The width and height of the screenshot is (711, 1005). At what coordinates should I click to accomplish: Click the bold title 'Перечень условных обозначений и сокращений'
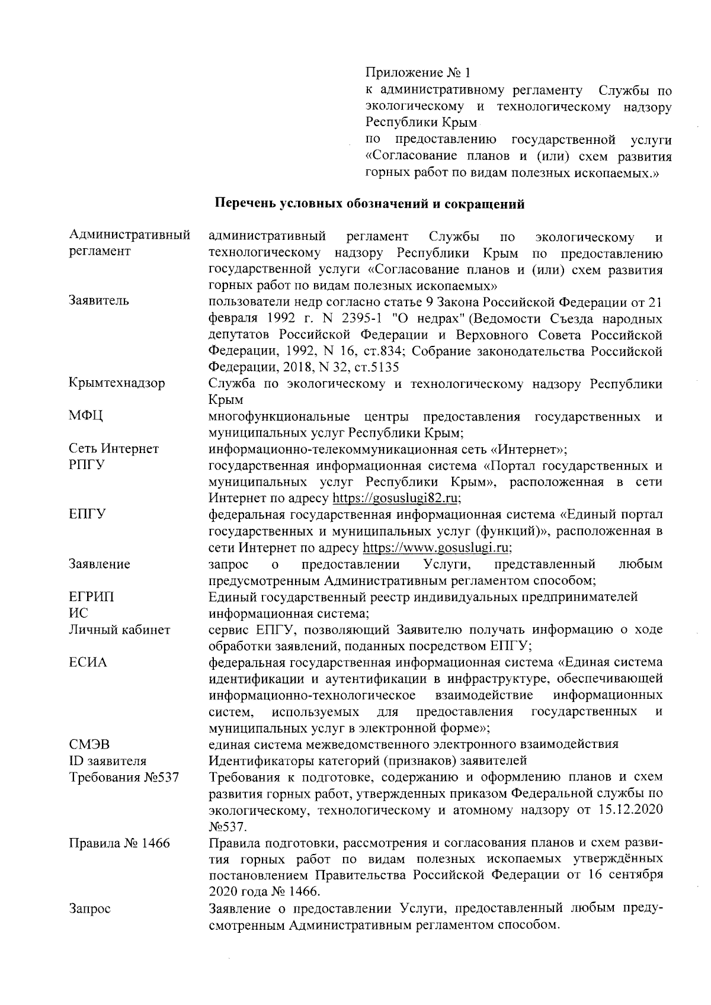coord(369,205)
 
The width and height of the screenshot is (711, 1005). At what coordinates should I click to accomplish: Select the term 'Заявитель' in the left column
coord(98,301)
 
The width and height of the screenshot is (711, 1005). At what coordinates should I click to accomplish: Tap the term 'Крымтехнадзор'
coord(117,383)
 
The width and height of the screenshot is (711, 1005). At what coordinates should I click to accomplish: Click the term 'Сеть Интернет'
coord(114,449)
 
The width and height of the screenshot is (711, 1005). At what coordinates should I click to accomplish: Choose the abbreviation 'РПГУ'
coord(87,465)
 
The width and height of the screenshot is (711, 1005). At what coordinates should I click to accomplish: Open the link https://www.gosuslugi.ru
coord(437,547)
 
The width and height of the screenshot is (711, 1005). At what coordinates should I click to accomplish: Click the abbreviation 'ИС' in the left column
coord(78,613)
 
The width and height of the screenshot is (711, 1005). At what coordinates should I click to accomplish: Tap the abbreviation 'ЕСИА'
coord(88,662)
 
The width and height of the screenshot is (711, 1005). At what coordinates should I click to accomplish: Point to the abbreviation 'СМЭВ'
coord(89,744)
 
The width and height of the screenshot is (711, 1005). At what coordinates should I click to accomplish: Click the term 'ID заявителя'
coord(108,761)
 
